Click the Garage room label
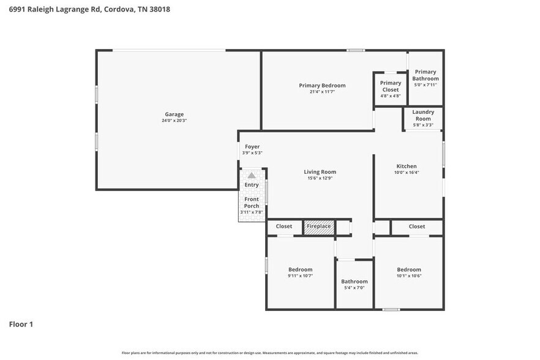tap(174, 114)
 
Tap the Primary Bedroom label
tap(322, 85)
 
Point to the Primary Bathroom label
tap(426, 75)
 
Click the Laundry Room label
tap(423, 115)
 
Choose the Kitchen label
tap(407, 166)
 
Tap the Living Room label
tap(320, 172)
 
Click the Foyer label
tap(252, 147)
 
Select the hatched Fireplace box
tap(319, 227)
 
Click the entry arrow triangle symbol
tap(251, 175)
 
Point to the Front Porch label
tap(252, 203)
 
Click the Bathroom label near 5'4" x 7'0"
tap(354, 282)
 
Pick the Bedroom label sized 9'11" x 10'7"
tap(301, 269)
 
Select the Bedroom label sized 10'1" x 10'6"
tap(409, 269)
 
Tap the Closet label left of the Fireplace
tap(284, 227)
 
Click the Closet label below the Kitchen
tap(417, 227)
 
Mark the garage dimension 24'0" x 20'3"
tap(174, 121)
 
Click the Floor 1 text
tap(21, 324)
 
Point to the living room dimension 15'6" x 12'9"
tap(320, 178)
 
